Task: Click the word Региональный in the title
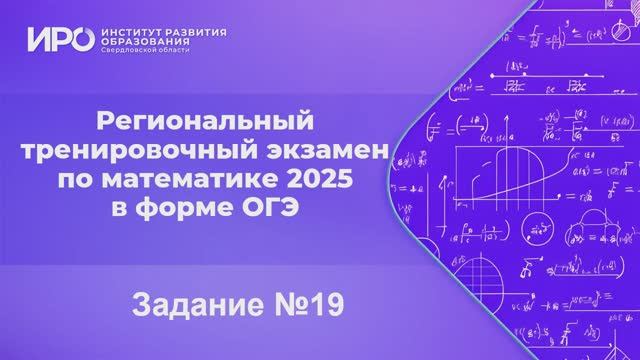(x=204, y=123)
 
